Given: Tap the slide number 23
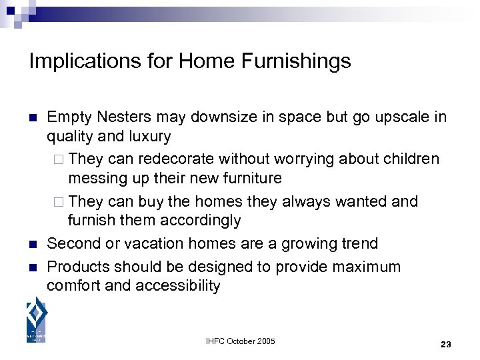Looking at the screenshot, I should [x=446, y=345].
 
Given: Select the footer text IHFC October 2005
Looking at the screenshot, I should [x=239, y=342].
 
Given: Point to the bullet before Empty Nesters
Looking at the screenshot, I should [x=33, y=118].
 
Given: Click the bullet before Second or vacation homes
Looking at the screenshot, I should [x=33, y=244].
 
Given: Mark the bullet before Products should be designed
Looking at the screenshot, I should [x=33, y=267].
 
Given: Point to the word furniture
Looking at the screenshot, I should [x=248, y=178].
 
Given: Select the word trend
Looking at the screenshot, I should [x=359, y=244].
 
